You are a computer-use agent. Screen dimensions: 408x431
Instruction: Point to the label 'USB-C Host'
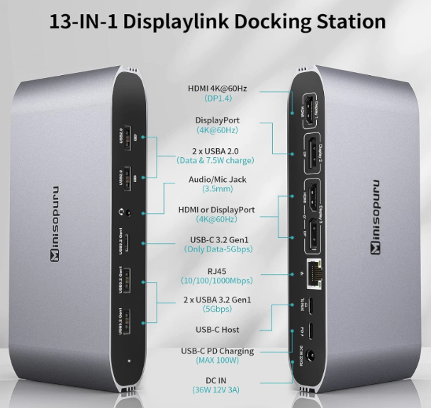[218, 329]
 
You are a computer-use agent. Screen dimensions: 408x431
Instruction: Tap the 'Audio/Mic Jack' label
[218, 179]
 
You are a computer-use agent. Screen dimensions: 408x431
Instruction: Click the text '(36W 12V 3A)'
[218, 390]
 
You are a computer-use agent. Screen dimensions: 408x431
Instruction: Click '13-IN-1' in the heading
[83, 21]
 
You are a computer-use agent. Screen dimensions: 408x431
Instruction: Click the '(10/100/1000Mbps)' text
[218, 281]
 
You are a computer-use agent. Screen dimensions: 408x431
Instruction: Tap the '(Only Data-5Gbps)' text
[218, 249]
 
